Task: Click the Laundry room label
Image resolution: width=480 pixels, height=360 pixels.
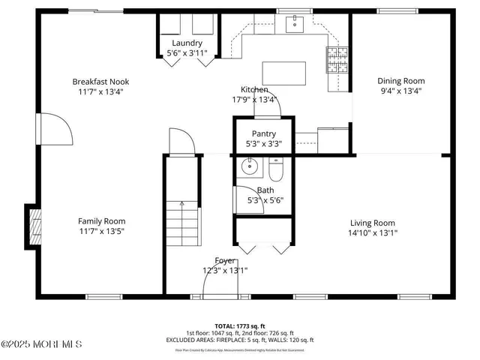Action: (187, 43)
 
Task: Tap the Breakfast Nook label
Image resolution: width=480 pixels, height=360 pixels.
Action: (97, 81)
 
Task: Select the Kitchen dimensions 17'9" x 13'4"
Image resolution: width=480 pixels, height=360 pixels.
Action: (254, 99)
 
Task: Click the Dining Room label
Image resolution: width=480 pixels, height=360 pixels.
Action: (400, 81)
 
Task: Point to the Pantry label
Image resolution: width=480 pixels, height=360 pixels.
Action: (263, 133)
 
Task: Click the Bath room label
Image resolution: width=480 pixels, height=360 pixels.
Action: (265, 190)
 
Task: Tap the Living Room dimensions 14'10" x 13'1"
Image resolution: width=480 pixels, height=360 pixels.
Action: (373, 232)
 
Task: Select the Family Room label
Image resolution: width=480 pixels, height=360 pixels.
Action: (102, 221)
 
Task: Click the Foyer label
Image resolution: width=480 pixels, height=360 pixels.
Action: (225, 260)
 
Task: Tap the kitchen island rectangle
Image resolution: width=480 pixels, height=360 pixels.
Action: (283, 73)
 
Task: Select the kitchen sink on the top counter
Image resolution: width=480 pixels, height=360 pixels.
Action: (294, 25)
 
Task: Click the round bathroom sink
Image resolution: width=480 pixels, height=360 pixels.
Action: (247, 167)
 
